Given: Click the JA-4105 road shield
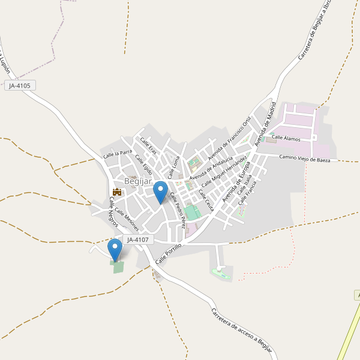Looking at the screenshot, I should tap(19, 86).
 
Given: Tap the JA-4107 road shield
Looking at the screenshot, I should tap(139, 239).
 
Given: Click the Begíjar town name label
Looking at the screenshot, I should tap(137, 181).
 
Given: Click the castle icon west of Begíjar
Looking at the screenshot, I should tap(116, 192).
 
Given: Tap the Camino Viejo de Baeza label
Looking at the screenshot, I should tap(305, 158).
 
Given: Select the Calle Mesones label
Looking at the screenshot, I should tap(127, 220).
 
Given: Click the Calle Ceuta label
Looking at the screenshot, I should tap(206, 202).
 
